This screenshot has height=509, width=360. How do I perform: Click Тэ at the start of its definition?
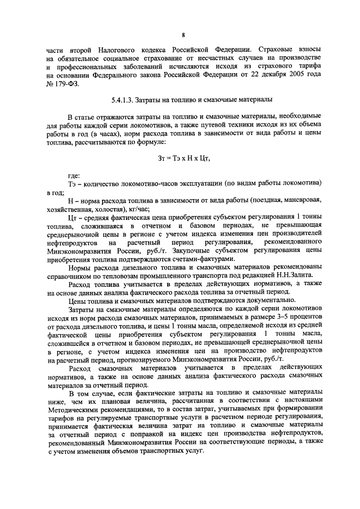[x=71, y=184]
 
